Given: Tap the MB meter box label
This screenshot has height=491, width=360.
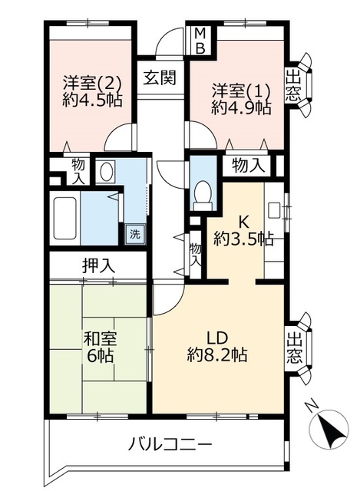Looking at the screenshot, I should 199,41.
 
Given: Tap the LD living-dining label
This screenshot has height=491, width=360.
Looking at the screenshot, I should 217,338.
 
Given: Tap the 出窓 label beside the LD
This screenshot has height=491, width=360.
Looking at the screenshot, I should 294,348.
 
